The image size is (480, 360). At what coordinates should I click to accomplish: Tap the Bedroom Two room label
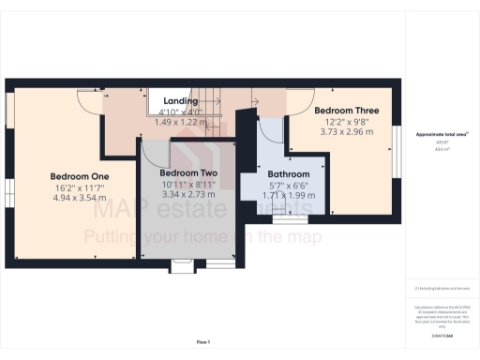click(188, 174)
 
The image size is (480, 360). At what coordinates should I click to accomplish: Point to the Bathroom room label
click(288, 174)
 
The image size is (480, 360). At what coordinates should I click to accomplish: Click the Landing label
click(180, 101)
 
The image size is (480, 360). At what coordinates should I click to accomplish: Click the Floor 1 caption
click(202, 341)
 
